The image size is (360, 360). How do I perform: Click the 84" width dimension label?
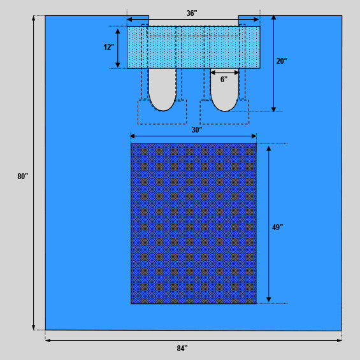182,349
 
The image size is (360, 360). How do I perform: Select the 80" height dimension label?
23,176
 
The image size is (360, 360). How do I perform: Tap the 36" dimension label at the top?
192,13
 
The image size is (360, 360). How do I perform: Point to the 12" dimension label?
108,47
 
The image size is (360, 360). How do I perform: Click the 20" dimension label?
282,61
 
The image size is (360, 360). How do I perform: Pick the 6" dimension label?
224,80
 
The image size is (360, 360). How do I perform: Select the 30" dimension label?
197,130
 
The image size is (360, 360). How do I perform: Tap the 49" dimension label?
277,227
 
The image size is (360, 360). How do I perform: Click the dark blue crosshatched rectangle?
194,224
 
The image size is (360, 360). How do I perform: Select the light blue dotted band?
194,47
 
